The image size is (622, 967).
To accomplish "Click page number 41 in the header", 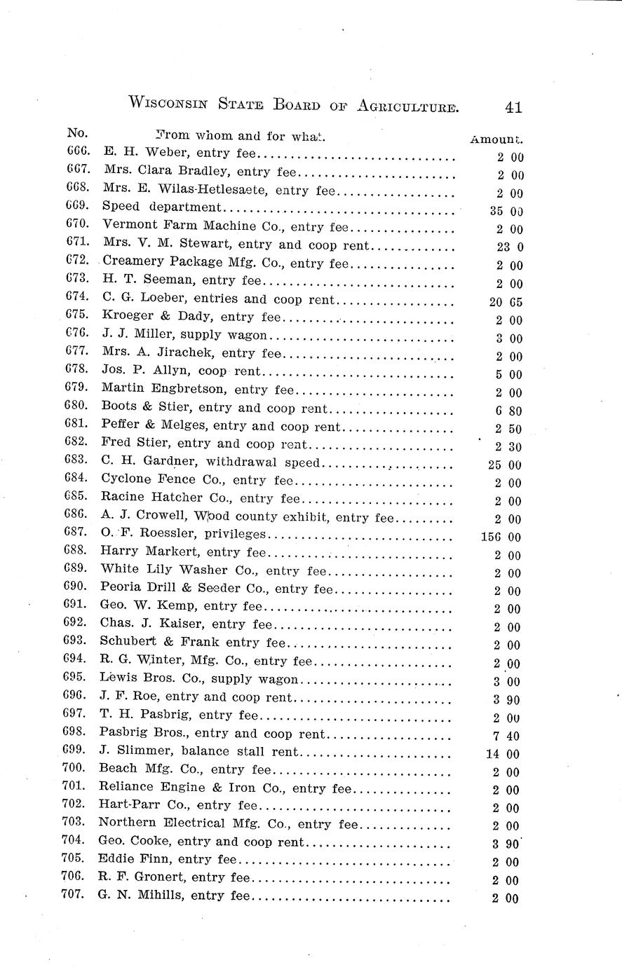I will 513,107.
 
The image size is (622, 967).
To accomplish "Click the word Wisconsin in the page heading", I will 168,104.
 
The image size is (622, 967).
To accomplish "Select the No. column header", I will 76,133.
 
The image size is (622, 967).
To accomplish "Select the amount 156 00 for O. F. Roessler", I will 503,537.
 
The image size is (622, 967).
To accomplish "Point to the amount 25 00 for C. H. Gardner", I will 505,465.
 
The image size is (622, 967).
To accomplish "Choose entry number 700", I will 75,769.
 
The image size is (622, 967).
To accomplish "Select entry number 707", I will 74,894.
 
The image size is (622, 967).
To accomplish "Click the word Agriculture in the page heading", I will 407,105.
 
